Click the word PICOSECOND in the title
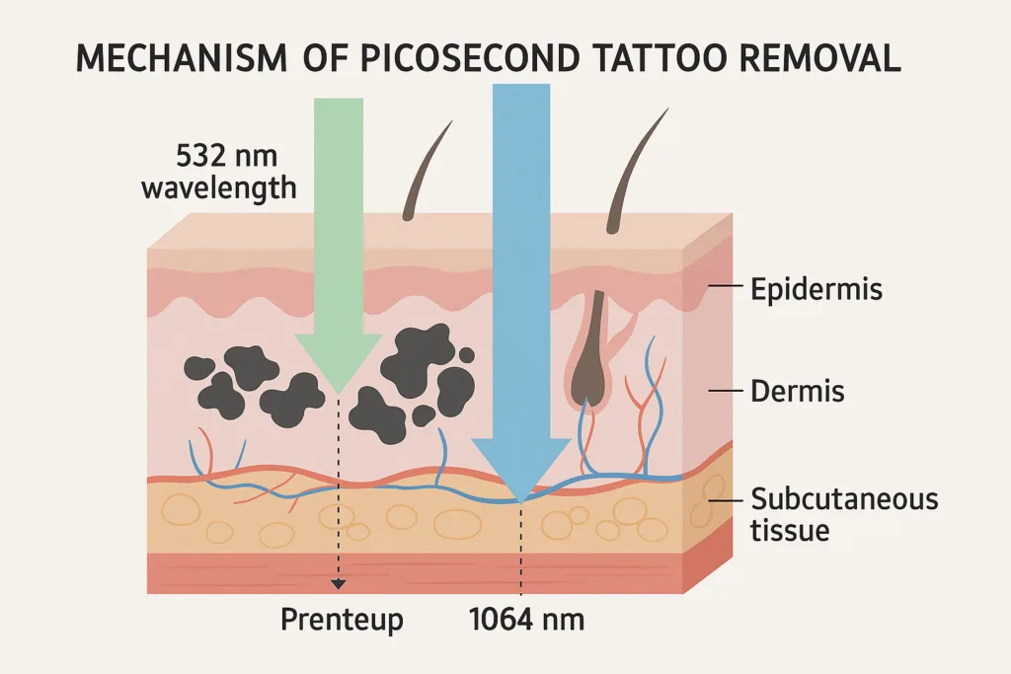pos(469,58)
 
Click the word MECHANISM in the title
pos(182,58)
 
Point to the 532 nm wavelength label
pos(219,172)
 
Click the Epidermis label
pos(817,289)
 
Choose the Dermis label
pos(798,391)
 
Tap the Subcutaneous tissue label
pos(844,514)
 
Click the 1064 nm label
pos(527,620)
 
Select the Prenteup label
pos(342,620)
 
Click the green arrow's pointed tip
pos(338,394)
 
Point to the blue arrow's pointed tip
pos(520,501)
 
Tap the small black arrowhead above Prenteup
pos(338,584)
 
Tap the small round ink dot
pos(467,354)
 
